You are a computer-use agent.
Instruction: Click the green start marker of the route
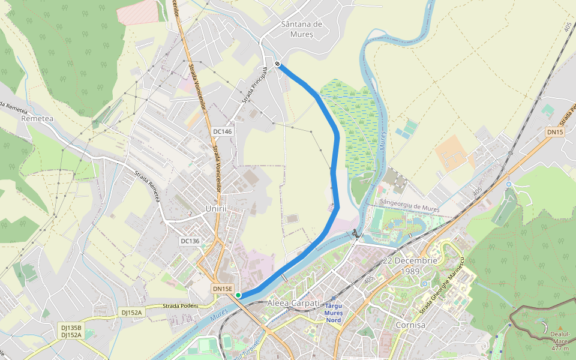pyautogui.click(x=238, y=295)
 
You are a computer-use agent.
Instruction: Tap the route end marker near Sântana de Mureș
pyautogui.click(x=277, y=64)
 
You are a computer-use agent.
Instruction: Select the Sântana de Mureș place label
pyautogui.click(x=301, y=29)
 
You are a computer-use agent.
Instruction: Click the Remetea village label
pyautogui.click(x=37, y=119)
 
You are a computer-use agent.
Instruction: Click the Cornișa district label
pyautogui.click(x=410, y=325)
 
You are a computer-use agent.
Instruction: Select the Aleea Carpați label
pyautogui.click(x=295, y=303)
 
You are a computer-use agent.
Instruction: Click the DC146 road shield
pyautogui.click(x=222, y=131)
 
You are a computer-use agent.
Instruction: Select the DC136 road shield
pyautogui.click(x=190, y=241)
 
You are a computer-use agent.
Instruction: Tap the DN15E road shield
pyautogui.click(x=222, y=289)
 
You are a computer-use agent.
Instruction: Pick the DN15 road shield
pyautogui.click(x=555, y=131)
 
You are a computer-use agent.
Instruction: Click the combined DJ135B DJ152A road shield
pyautogui.click(x=71, y=331)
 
